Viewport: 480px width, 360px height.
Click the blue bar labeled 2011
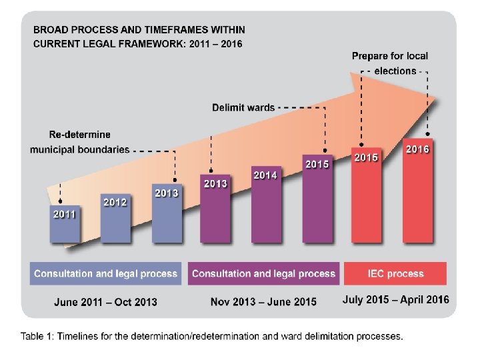[x=65, y=224]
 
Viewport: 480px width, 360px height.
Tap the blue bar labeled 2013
[x=166, y=213]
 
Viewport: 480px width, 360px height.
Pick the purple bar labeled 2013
[x=215, y=208]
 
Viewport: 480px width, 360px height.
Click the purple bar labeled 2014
[x=265, y=203]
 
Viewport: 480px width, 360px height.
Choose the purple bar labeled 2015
[x=316, y=198]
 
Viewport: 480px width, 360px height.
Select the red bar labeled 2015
[x=365, y=195]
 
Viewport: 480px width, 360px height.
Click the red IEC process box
[x=395, y=273]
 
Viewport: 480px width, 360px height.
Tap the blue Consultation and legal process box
[x=106, y=273]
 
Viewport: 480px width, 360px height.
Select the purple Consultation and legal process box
[x=263, y=273]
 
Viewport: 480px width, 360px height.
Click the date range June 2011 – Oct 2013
[x=106, y=302]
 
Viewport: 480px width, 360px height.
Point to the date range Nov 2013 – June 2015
[x=263, y=302]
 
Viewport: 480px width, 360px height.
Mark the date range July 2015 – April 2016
[x=395, y=300]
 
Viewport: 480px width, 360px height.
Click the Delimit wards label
[x=243, y=107]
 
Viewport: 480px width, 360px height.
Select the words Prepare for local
[x=390, y=56]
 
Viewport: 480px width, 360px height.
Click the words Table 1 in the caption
[x=37, y=336]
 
